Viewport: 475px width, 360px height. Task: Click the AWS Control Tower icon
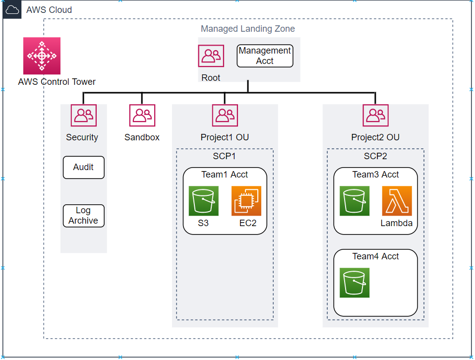pyautogui.click(x=42, y=56)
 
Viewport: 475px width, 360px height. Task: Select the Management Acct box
pyautogui.click(x=265, y=56)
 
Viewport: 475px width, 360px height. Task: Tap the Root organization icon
pyautogui.click(x=211, y=56)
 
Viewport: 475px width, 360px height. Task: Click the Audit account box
pyautogui.click(x=83, y=168)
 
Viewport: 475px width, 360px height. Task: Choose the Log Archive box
pyautogui.click(x=83, y=216)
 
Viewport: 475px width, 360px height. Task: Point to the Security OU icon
pyautogui.click(x=83, y=116)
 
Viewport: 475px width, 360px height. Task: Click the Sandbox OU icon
pyautogui.click(x=142, y=116)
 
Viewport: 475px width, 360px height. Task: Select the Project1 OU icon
pyautogui.click(x=225, y=116)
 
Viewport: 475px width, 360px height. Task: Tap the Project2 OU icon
pyautogui.click(x=375, y=116)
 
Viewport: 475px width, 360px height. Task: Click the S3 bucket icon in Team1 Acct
pyautogui.click(x=203, y=201)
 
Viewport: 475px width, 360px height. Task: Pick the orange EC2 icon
pyautogui.click(x=246, y=201)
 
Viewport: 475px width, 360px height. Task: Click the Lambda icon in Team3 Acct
pyautogui.click(x=397, y=201)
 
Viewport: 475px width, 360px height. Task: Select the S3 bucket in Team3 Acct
pyautogui.click(x=355, y=201)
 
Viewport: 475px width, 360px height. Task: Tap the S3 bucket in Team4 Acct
pyautogui.click(x=355, y=283)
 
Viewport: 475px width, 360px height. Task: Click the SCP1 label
pyautogui.click(x=224, y=156)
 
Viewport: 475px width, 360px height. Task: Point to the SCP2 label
pyautogui.click(x=375, y=156)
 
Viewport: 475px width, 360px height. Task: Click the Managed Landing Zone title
pyautogui.click(x=247, y=29)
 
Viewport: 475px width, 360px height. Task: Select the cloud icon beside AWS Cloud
pyautogui.click(x=12, y=9)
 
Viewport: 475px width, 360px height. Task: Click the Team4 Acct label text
pyautogui.click(x=375, y=256)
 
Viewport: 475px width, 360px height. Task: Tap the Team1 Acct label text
pyautogui.click(x=225, y=175)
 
